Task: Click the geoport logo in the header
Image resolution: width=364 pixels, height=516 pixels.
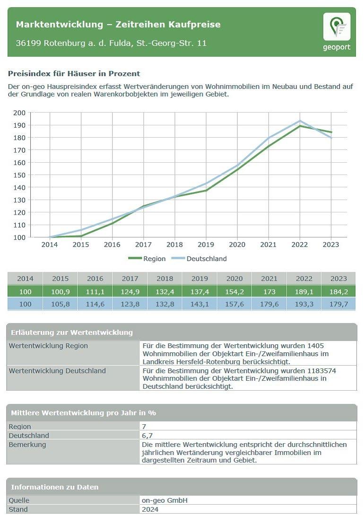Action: tap(337, 31)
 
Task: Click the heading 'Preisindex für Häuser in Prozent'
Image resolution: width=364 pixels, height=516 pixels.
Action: tap(74, 74)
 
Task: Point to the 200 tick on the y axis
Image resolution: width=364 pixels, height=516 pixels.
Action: tap(19, 113)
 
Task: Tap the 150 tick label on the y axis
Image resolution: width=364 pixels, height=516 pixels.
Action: tap(19, 175)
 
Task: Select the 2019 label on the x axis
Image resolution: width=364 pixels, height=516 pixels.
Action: tap(206, 245)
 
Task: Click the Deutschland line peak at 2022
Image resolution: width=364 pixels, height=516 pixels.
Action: tap(300, 121)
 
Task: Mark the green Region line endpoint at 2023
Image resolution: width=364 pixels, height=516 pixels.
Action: tap(331, 132)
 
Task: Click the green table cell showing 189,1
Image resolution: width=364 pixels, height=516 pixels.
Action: tap(304, 291)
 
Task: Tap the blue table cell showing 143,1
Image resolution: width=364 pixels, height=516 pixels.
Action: tap(199, 304)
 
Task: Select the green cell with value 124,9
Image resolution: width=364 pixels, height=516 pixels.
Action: tap(130, 291)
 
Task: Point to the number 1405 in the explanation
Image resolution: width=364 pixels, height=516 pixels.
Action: tap(315, 346)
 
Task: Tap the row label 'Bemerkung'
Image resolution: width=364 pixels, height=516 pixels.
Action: tap(27, 445)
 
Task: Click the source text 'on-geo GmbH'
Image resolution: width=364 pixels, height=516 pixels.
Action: tap(162, 500)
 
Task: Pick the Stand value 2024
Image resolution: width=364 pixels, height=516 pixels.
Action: tap(150, 509)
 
